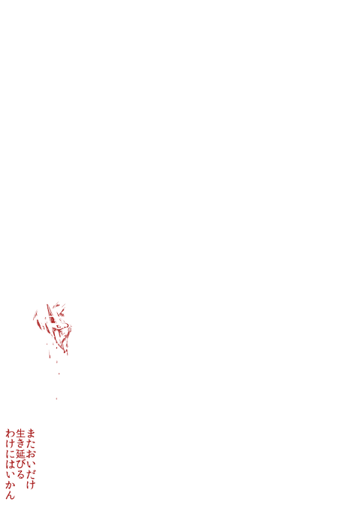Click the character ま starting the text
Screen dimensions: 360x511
coord(30,433)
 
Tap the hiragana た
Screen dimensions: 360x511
coord(30,443)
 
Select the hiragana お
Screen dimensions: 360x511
coord(30,454)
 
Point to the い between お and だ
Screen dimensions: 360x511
coord(30,464)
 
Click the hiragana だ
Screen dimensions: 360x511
coord(30,474)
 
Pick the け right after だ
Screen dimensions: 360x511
coord(30,484)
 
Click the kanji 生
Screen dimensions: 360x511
coord(20,433)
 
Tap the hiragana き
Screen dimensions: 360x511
coord(20,443)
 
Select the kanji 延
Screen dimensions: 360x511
coord(20,454)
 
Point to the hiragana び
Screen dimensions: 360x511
coord(20,464)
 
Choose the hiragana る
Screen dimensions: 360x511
coord(20,474)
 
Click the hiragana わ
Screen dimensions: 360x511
coord(10,433)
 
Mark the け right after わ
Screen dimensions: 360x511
coord(10,443)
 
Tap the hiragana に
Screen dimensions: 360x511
coord(10,454)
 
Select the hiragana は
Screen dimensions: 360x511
coord(10,464)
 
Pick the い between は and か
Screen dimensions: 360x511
coord(10,474)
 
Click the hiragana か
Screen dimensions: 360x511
coord(10,484)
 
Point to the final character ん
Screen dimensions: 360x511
coord(10,494)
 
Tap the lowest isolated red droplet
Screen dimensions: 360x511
coord(56,398)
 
